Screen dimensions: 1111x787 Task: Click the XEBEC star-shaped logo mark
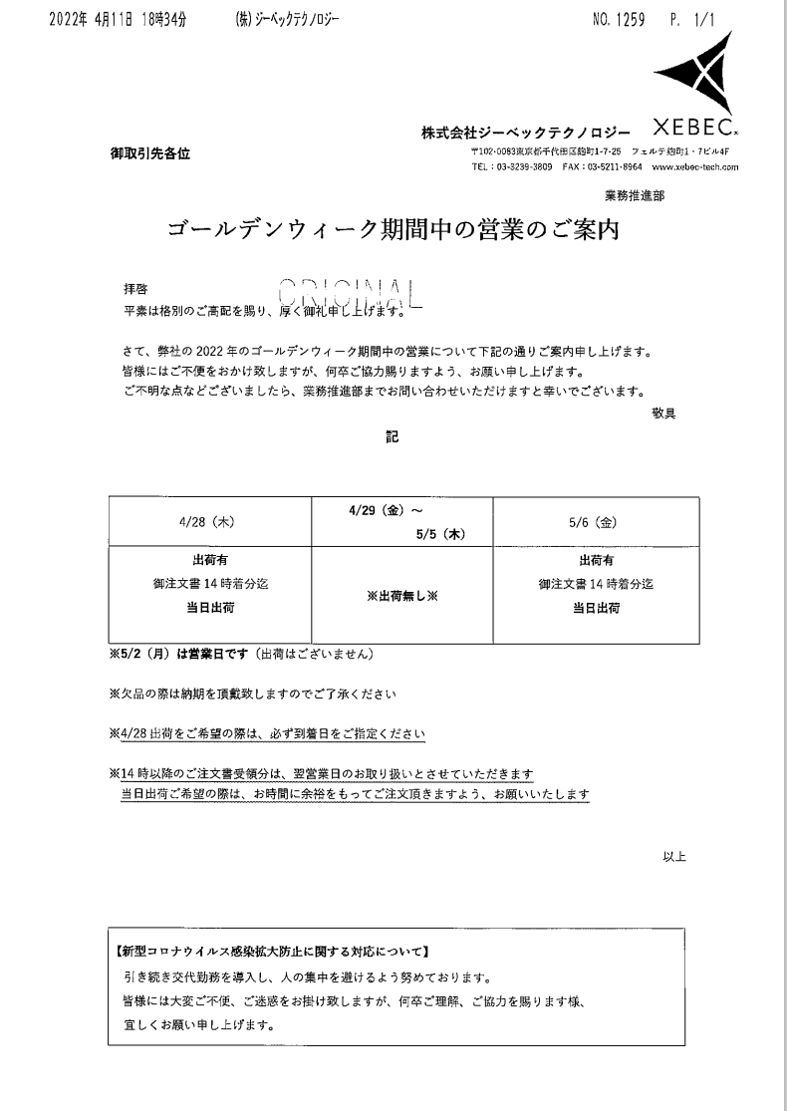point(695,79)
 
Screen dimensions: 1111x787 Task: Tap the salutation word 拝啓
point(133,288)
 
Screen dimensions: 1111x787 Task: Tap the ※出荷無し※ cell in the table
point(402,595)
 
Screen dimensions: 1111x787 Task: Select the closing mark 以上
point(674,855)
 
